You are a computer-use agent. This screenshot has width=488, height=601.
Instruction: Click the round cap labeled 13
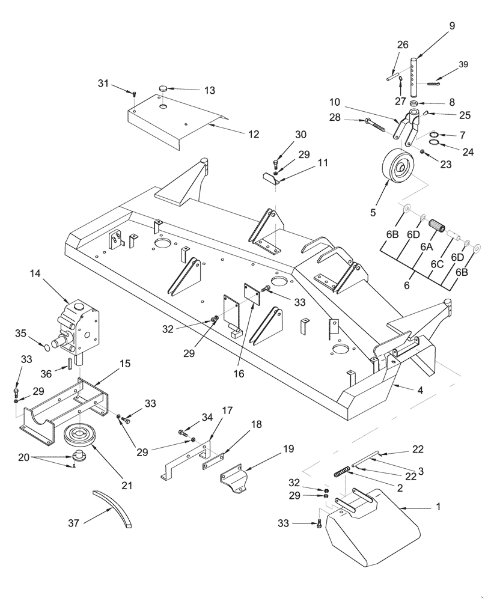click(163, 89)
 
